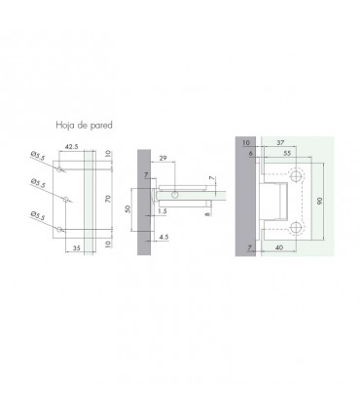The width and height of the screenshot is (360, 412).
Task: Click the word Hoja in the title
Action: [65, 125]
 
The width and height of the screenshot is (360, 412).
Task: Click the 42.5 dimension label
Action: [72, 147]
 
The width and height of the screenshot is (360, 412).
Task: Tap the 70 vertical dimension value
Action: [108, 199]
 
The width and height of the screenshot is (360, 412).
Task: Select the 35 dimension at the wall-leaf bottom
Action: [76, 247]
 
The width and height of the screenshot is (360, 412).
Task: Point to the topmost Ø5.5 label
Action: [38, 155]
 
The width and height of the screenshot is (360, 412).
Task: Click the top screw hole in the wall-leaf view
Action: [58, 169]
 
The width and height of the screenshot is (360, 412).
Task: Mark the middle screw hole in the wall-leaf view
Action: [65, 199]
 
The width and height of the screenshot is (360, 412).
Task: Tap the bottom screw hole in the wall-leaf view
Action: [58, 229]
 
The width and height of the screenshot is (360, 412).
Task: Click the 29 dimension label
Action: [163, 158]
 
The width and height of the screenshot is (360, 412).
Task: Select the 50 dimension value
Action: [127, 209]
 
